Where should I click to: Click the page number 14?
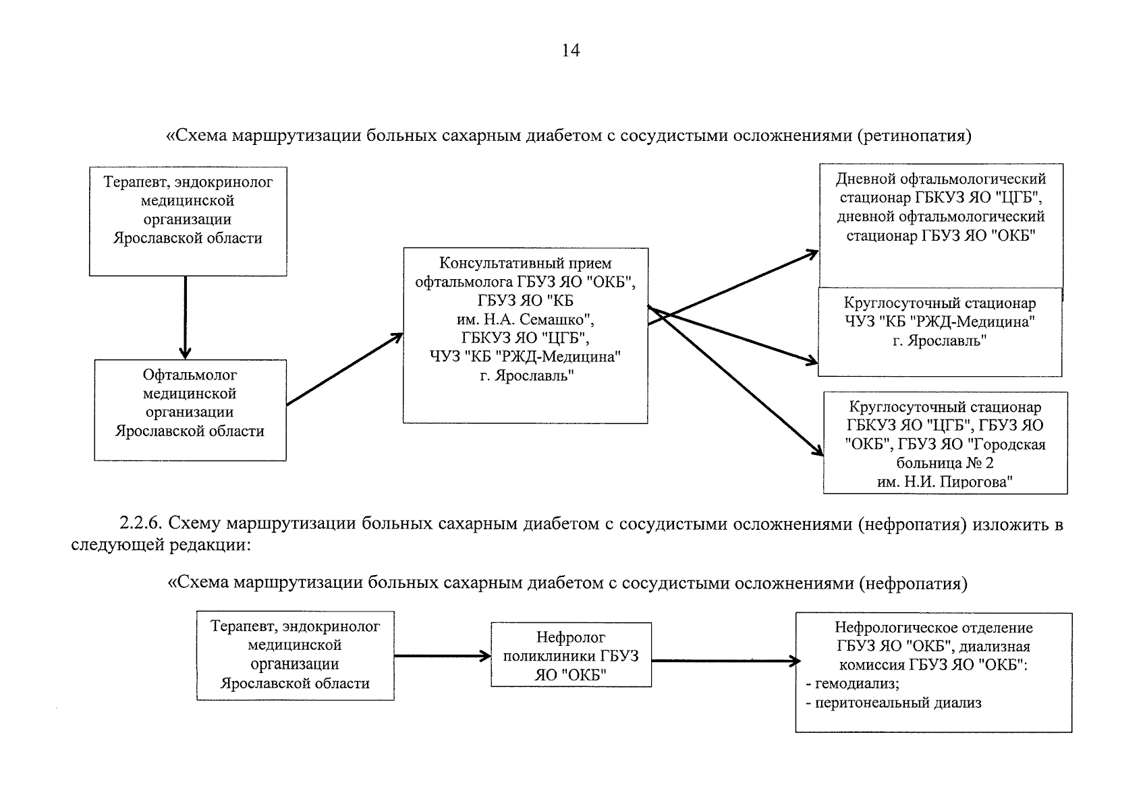571,51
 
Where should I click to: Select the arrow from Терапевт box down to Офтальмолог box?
185,317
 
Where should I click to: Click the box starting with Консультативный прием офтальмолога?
525,335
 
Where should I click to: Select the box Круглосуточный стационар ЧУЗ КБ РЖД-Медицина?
939,331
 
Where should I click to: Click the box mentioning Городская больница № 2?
945,442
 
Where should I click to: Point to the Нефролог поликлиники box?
571,655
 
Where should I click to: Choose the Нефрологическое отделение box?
933,671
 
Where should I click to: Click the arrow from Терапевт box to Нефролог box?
442,655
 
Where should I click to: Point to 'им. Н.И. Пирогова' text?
945,481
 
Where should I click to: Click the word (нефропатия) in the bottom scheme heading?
913,583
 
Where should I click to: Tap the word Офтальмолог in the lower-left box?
190,375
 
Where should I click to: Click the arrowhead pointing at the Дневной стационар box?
812,253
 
